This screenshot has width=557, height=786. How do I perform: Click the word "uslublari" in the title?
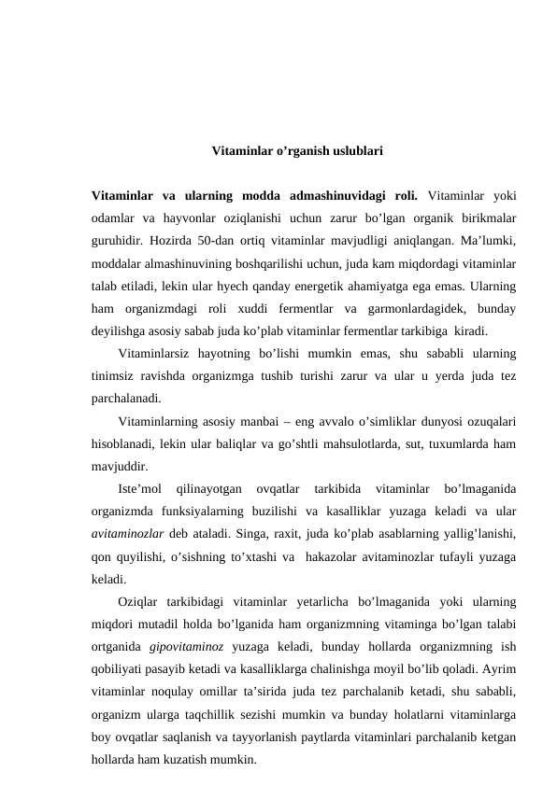[352, 149]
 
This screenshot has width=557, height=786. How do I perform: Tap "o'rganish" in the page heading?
[291, 149]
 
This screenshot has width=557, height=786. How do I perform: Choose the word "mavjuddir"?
[119, 466]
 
